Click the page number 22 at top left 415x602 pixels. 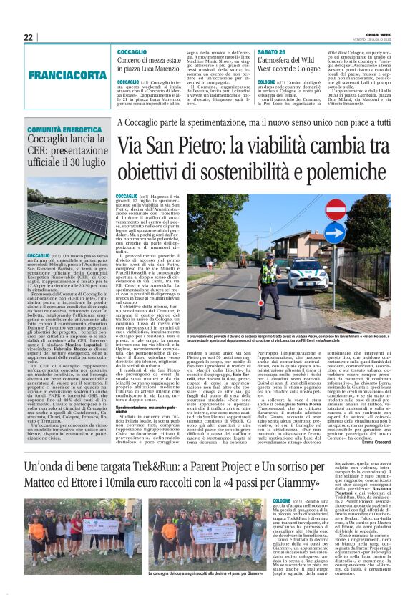[28, 37]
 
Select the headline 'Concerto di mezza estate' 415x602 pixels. [151, 61]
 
